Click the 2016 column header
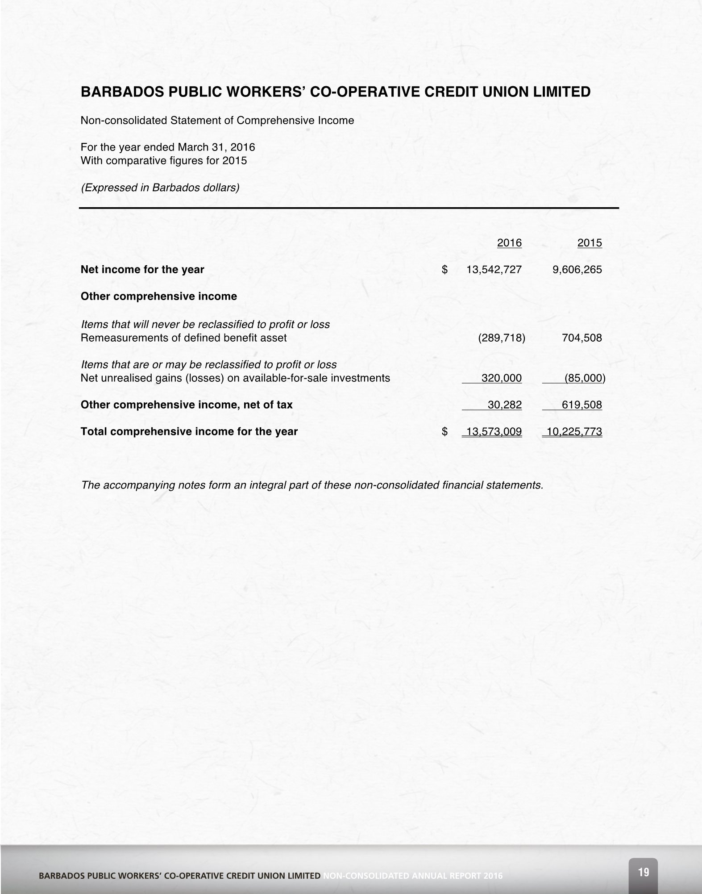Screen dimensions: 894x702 click(509, 243)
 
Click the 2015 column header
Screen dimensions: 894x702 click(590, 243)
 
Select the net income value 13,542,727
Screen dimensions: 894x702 click(494, 270)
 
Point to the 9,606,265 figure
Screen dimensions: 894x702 click(577, 270)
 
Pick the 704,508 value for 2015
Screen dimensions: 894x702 click(582, 338)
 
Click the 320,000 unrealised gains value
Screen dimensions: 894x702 click(501, 378)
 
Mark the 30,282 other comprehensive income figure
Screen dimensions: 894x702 click(504, 405)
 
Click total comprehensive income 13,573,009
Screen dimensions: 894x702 click(494, 432)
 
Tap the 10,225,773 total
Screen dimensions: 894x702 click(574, 432)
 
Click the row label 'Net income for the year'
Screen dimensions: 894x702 click(142, 270)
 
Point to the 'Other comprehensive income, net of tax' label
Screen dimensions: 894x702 click(187, 405)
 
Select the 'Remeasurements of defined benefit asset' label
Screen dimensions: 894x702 click(183, 338)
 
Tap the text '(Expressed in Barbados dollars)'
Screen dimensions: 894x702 click(160, 188)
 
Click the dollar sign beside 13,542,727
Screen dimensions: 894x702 click(444, 270)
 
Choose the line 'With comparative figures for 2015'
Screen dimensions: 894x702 click(163, 161)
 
